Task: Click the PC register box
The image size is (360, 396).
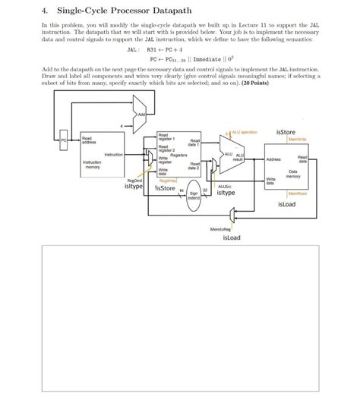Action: (65, 140)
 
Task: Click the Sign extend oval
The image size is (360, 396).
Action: (194, 195)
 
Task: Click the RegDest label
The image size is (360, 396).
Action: (133, 180)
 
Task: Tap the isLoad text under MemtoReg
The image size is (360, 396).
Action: (232, 237)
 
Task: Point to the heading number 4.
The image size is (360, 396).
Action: (45, 11)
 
